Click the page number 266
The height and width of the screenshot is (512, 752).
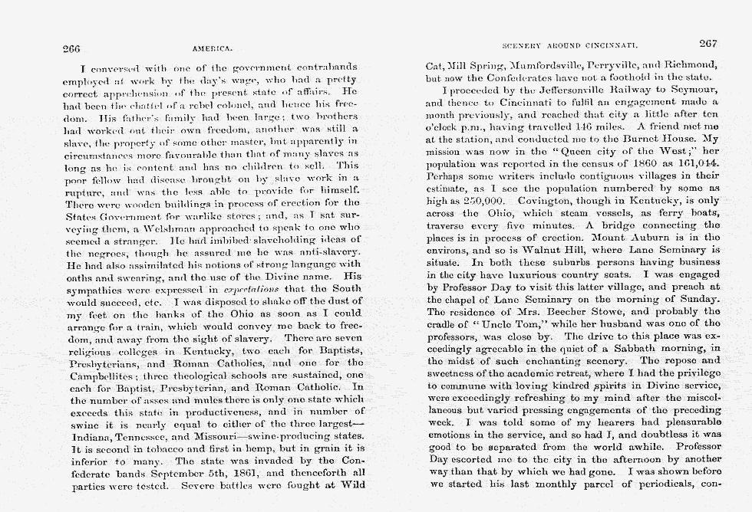click(72, 48)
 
